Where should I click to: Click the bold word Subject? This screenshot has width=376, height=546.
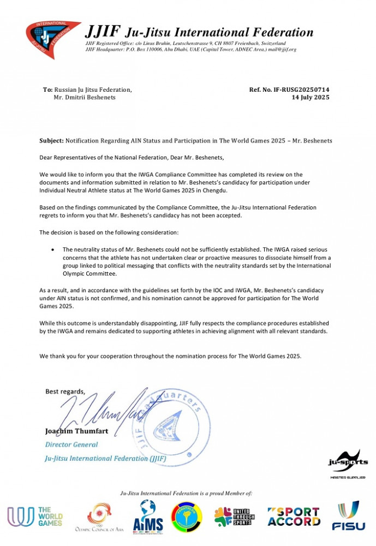[51, 141]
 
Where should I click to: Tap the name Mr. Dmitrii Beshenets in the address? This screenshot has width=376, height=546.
[85, 97]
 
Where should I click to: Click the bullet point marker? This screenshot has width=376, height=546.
[52, 249]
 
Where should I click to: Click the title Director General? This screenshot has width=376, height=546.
[71, 444]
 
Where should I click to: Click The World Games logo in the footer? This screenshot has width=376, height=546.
[35, 516]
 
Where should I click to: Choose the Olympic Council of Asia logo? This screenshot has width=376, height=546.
[100, 517]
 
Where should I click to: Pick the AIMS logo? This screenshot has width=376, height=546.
[148, 516]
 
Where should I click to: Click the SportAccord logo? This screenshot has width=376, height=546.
[294, 517]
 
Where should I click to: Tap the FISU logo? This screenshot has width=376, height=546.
[349, 516]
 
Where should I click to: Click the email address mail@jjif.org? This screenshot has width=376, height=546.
[284, 50]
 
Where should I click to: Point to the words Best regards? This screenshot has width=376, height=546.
[65, 391]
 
